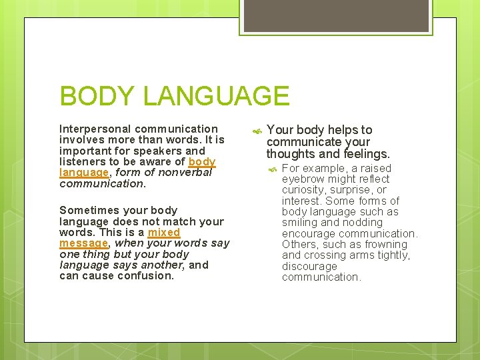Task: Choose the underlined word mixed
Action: point(164,233)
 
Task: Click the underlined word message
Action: point(83,243)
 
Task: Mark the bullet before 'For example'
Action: point(272,169)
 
